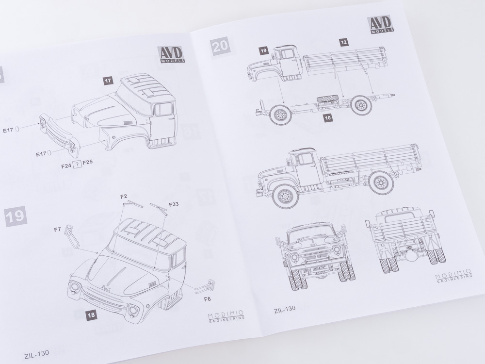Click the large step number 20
tap(220, 46)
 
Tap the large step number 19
tap(16, 216)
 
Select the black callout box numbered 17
tap(108, 81)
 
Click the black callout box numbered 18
tap(91, 315)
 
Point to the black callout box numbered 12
tap(344, 42)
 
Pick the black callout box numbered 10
tap(328, 117)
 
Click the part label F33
tap(174, 204)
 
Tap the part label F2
tap(124, 196)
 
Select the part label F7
tap(57, 230)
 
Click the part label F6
tap(207, 299)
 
